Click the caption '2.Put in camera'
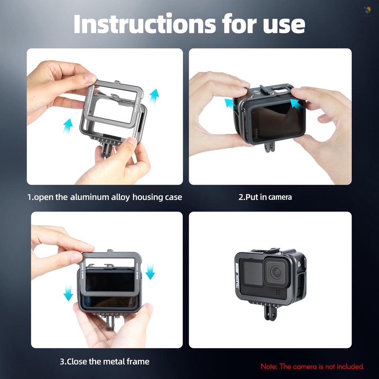click(265, 197)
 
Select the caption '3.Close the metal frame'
click(105, 361)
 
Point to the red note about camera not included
click(312, 366)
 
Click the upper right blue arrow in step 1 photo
click(154, 96)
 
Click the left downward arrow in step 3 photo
click(68, 292)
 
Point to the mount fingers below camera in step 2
click(269, 147)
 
